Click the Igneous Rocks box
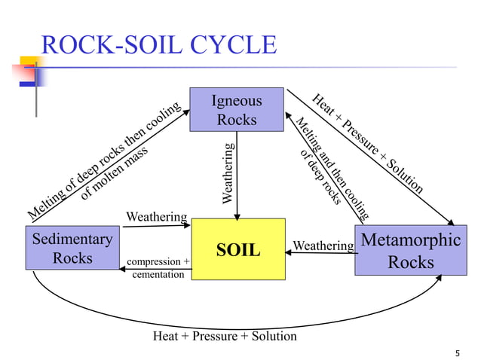tap(237, 110)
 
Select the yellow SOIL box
tap(237, 249)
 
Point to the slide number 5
tap(458, 354)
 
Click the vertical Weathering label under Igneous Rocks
tap(228, 172)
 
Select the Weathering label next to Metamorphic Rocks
tap(323, 246)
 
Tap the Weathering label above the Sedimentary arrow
tap(156, 217)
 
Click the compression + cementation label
tap(158, 268)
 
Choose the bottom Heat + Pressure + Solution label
tap(225, 336)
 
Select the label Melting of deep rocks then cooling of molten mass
tap(106, 162)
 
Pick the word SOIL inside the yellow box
tap(237, 249)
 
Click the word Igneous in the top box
tap(237, 101)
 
